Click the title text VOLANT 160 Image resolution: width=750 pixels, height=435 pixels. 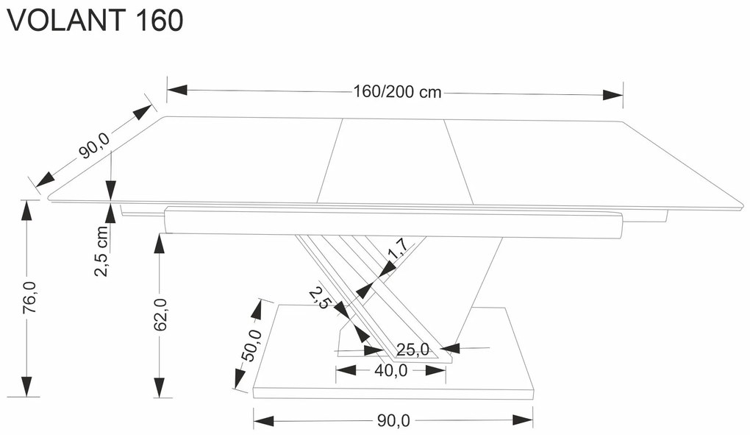point(95,21)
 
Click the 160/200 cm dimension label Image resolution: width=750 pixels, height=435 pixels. point(397,92)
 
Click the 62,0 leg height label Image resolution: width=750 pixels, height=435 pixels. point(161,314)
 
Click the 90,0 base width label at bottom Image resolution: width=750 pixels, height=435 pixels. point(393,421)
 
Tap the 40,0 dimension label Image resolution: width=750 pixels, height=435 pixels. point(390,371)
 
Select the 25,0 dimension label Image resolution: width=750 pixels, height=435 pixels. point(412,350)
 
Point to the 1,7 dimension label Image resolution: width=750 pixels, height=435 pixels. point(397,251)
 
